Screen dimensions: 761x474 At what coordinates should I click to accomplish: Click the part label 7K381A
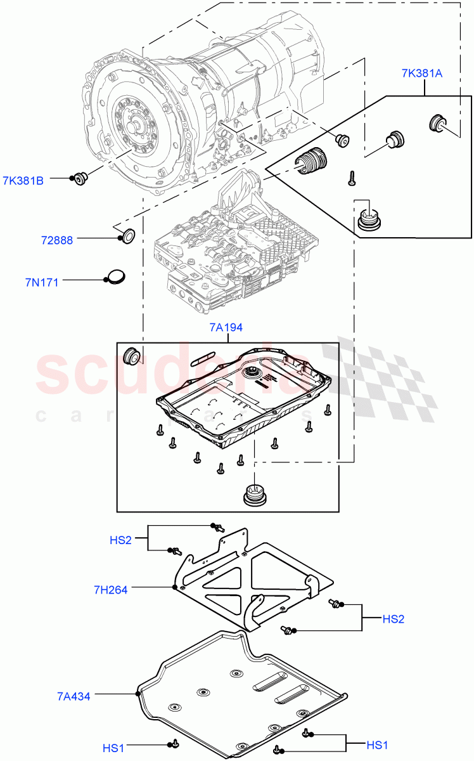[x=422, y=73]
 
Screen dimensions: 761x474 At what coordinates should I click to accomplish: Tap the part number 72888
[x=57, y=240]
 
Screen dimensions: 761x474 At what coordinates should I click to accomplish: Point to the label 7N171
[x=42, y=282]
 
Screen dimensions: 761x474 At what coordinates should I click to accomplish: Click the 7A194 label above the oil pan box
[x=226, y=328]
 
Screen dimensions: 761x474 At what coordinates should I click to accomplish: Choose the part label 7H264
[x=110, y=590]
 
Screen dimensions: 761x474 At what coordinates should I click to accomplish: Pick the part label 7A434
[x=73, y=696]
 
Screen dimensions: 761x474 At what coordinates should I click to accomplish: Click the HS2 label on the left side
[x=120, y=540]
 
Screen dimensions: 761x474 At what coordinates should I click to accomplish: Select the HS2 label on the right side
[x=392, y=619]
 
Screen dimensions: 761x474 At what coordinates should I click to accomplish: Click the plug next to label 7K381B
[x=80, y=179]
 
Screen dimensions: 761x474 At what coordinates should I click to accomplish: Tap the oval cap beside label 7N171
[x=115, y=276]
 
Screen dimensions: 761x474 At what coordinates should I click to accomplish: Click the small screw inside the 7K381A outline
[x=350, y=179]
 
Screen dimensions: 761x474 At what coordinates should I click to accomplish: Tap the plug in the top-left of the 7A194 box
[x=132, y=356]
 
